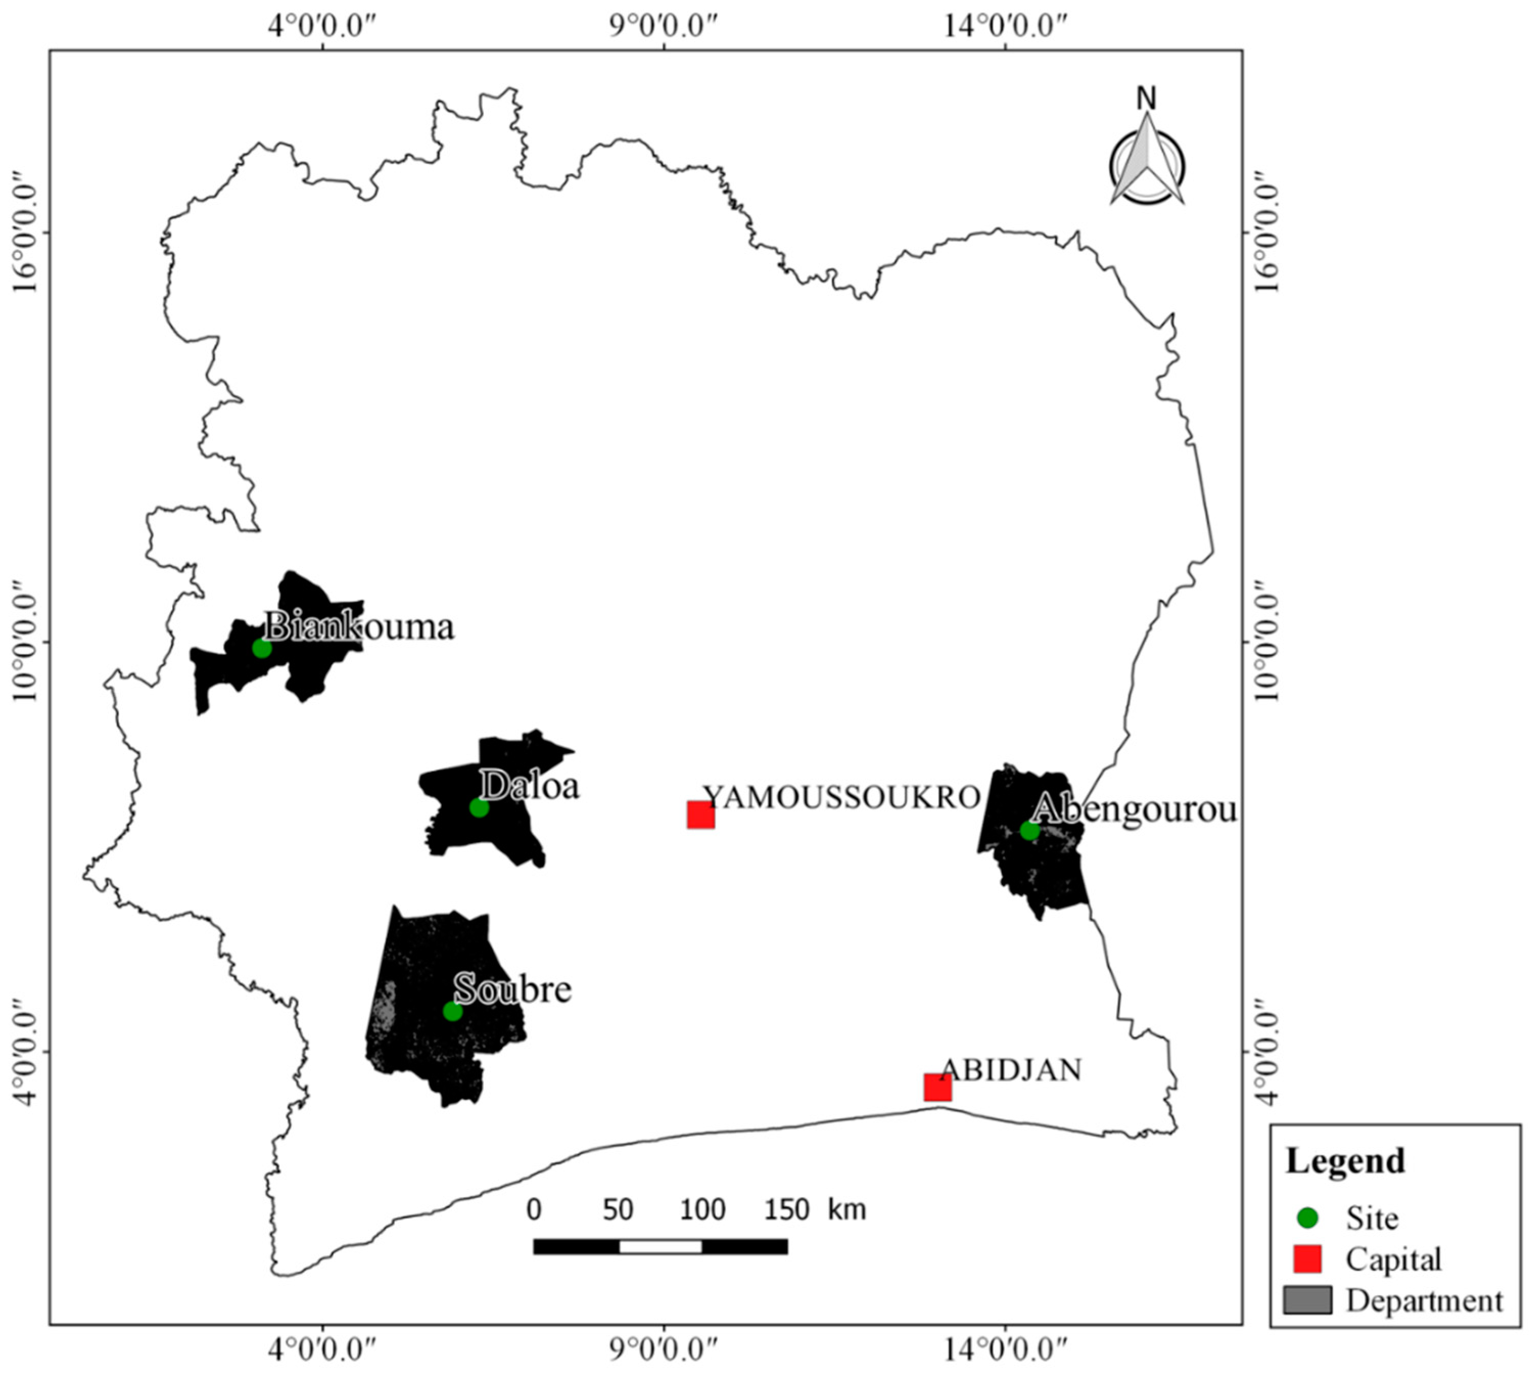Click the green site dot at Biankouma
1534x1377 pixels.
click(x=262, y=648)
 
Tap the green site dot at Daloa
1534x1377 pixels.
click(x=479, y=807)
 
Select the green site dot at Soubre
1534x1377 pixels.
click(x=453, y=1011)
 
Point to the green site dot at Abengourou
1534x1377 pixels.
click(x=1029, y=830)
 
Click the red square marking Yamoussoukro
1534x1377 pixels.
click(x=700, y=815)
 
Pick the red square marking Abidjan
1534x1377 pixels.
click(x=937, y=1087)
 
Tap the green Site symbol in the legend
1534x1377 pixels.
click(x=1308, y=1218)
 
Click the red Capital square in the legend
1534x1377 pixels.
click(x=1308, y=1259)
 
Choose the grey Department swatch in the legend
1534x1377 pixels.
click(x=1308, y=1300)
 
